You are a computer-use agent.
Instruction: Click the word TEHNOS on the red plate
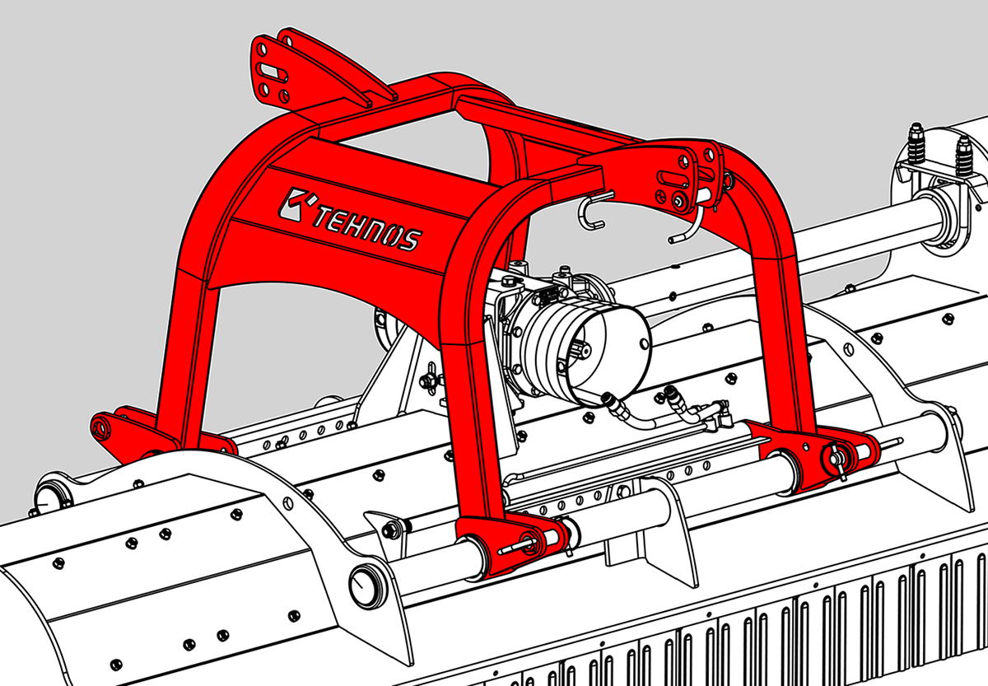(x=367, y=230)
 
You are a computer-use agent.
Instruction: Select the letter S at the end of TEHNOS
(x=411, y=240)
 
